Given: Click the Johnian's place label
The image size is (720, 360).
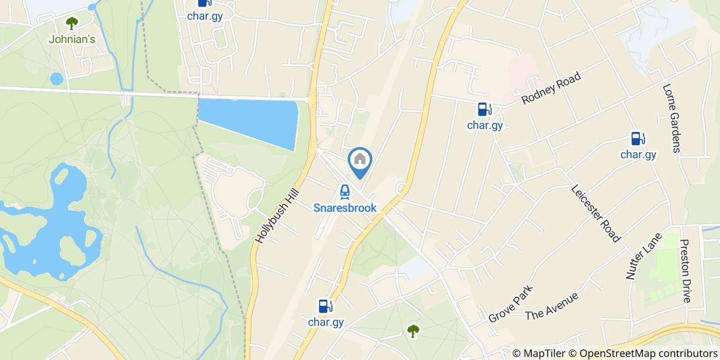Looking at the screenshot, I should pos(72,39).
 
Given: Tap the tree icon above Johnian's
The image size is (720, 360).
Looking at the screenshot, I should pos(72,23).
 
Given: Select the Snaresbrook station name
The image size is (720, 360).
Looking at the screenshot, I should pos(345,208).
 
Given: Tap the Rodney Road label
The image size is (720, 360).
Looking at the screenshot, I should pos(551,88).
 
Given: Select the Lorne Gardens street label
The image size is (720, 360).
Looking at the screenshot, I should pos(672,118).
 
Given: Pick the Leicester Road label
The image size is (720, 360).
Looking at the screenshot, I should pos(596,213).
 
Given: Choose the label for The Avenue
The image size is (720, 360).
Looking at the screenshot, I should pos(552,307).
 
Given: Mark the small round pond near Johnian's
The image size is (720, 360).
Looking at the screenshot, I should pos(57,79).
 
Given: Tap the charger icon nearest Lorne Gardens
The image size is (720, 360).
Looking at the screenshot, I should pos(638,139).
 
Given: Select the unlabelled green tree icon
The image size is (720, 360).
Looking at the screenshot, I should pos(412,331).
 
